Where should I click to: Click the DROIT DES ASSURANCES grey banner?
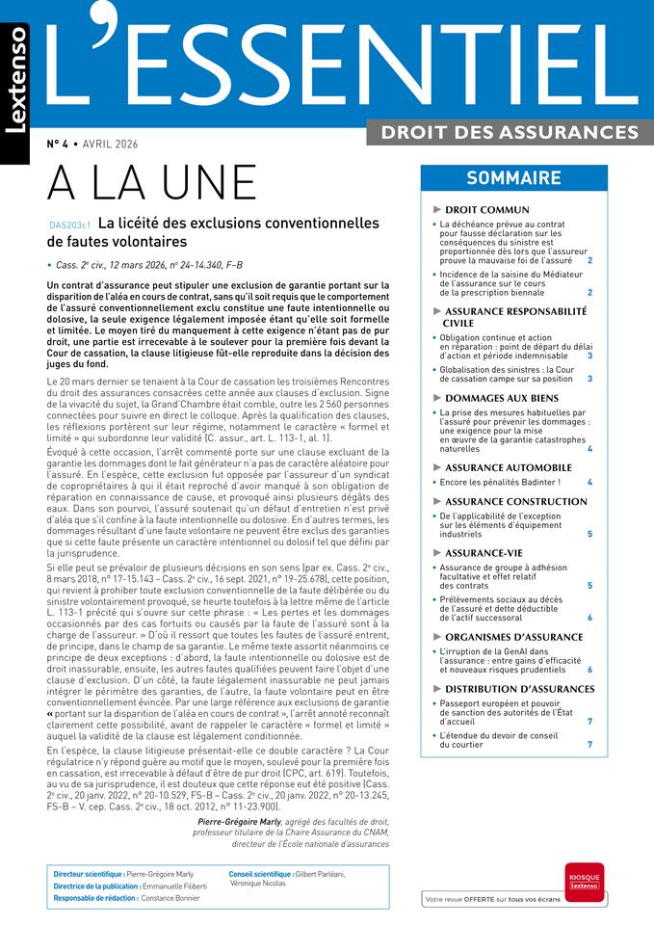[x=510, y=132]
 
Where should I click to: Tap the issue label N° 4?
[x=58, y=145]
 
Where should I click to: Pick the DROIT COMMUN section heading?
[x=487, y=209]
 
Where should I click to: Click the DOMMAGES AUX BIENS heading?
[x=501, y=397]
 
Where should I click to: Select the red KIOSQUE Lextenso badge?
[x=584, y=882]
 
